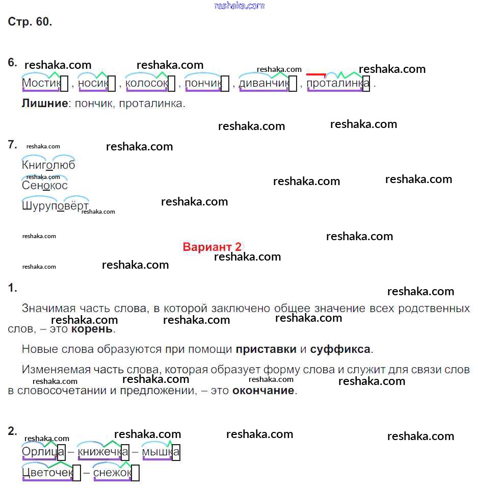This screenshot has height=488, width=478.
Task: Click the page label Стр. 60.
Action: click(x=30, y=22)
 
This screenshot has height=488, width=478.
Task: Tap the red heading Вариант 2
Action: click(x=212, y=247)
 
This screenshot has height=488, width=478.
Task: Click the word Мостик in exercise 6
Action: click(x=41, y=83)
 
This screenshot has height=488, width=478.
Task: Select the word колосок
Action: click(x=146, y=83)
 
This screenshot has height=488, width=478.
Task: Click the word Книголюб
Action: click(x=48, y=165)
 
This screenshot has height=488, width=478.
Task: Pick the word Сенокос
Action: click(x=45, y=186)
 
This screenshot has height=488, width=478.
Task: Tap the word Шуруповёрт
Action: click(x=55, y=206)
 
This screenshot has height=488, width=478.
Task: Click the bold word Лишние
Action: click(x=45, y=104)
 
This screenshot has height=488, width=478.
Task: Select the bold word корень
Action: click(x=92, y=329)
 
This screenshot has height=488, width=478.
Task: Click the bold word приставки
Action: click(x=266, y=350)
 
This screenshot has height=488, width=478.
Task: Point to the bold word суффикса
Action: click(x=340, y=350)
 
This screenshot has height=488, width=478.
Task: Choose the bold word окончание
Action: click(x=263, y=391)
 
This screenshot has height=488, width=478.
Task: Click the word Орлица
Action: click(x=40, y=452)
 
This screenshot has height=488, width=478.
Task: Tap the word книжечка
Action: click(x=99, y=452)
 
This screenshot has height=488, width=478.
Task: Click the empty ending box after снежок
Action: click(x=136, y=473)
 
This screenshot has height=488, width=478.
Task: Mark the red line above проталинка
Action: click(x=316, y=74)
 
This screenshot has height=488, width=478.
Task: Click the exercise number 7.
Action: click(x=13, y=145)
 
